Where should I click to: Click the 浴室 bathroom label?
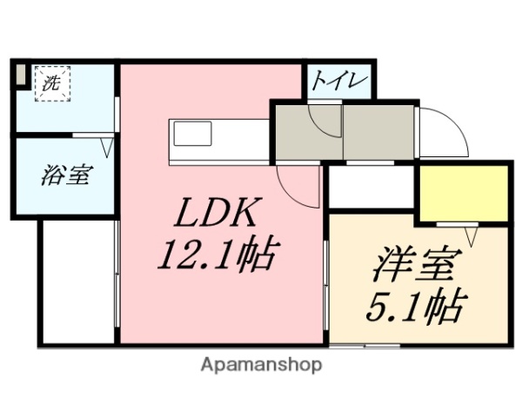tap(65, 175)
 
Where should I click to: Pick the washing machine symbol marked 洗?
tap(52, 85)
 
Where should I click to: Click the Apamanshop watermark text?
tap(260, 365)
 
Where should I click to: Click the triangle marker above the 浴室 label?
tap(108, 145)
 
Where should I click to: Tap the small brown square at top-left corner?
tap(20, 75)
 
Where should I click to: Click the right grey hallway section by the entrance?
tap(380, 131)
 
